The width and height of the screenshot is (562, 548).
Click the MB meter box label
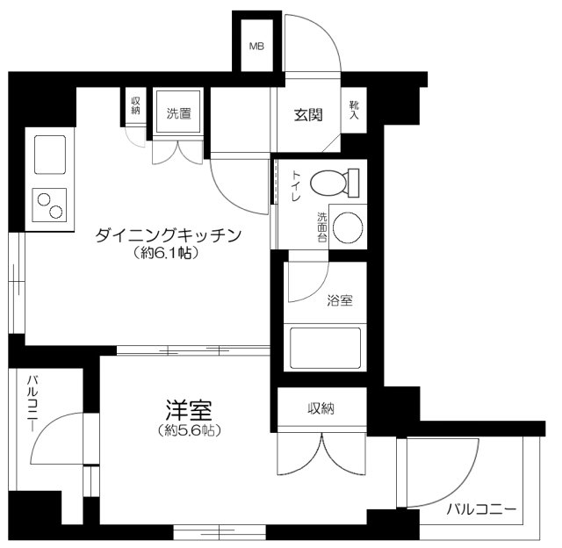(x=257, y=46)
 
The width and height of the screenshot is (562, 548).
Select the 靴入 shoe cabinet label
(x=354, y=110)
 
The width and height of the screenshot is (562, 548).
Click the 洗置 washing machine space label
(x=179, y=112)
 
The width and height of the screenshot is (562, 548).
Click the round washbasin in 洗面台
(x=349, y=227)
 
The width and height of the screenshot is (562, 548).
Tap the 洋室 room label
(x=190, y=409)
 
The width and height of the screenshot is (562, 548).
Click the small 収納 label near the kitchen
(x=136, y=106)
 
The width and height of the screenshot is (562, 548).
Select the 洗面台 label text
(x=322, y=227)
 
